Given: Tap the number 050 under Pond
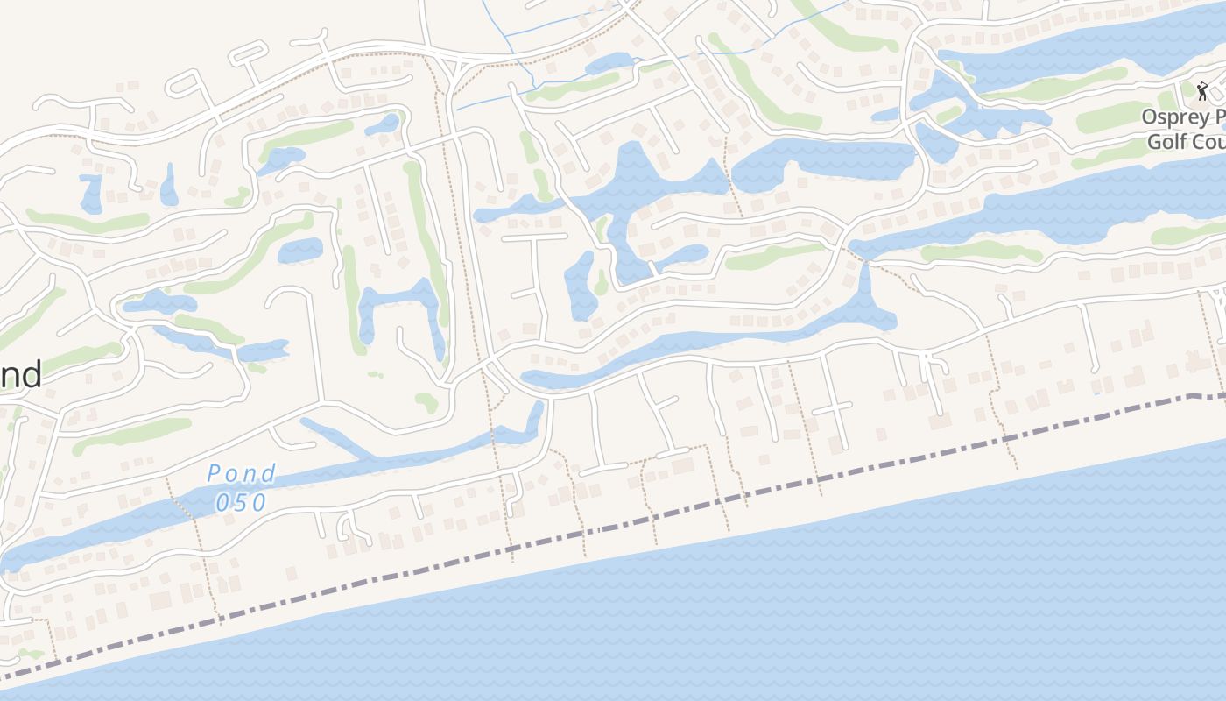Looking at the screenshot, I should pyautogui.click(x=241, y=503).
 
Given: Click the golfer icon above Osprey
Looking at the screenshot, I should pyautogui.click(x=1202, y=90).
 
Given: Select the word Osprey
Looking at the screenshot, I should pyautogui.click(x=1177, y=117).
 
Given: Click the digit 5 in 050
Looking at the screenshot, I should pyautogui.click(x=241, y=503).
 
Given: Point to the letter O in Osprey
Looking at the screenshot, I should pyautogui.click(x=1150, y=117).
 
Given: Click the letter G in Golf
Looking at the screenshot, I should pyautogui.click(x=1155, y=141).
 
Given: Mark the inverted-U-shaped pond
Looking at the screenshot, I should pyautogui.click(x=399, y=307).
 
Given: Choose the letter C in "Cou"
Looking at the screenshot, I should pyautogui.click(x=1200, y=141).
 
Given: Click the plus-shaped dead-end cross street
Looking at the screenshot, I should pyautogui.click(x=832, y=408).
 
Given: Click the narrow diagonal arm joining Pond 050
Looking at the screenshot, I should pyautogui.click(x=337, y=439).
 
